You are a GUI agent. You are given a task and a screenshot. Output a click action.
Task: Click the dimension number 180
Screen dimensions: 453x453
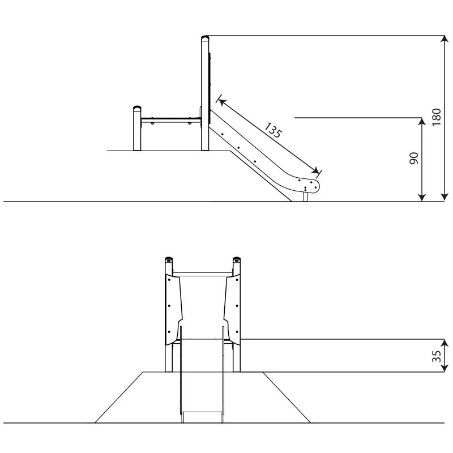click(437, 117)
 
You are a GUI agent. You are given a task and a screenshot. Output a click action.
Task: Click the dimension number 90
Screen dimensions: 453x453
click(414, 159)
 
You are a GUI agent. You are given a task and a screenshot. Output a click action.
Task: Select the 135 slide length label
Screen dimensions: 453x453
click(273, 130)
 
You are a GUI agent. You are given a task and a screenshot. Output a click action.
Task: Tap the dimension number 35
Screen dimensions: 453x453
click(437, 356)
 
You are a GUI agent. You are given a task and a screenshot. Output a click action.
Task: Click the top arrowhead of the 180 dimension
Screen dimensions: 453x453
click(445, 39)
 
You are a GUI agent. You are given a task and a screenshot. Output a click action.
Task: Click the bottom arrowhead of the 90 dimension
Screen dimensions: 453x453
click(422, 197)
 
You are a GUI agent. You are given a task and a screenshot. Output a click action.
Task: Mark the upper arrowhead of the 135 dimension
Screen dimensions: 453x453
click(221, 102)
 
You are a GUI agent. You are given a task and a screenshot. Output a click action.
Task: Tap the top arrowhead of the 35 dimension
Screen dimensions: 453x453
click(445, 343)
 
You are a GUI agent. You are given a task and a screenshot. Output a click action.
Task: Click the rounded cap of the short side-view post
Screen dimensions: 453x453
click(137, 108)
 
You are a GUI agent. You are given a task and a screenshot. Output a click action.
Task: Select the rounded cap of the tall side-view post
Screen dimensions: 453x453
click(205, 38)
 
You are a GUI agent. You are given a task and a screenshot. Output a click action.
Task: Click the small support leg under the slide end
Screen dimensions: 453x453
click(306, 196)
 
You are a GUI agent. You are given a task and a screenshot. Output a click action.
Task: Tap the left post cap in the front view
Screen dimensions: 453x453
click(169, 259)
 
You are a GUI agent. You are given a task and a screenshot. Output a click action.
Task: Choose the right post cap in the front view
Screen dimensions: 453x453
click(237, 259)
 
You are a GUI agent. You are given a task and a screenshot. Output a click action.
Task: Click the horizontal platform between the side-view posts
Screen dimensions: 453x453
click(171, 119)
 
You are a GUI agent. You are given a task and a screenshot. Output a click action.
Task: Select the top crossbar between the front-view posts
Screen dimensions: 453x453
click(203, 273)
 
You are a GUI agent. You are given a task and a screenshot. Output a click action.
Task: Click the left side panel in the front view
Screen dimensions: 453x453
click(174, 309)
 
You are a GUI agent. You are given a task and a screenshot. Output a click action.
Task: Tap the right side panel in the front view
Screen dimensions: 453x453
click(232, 309)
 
